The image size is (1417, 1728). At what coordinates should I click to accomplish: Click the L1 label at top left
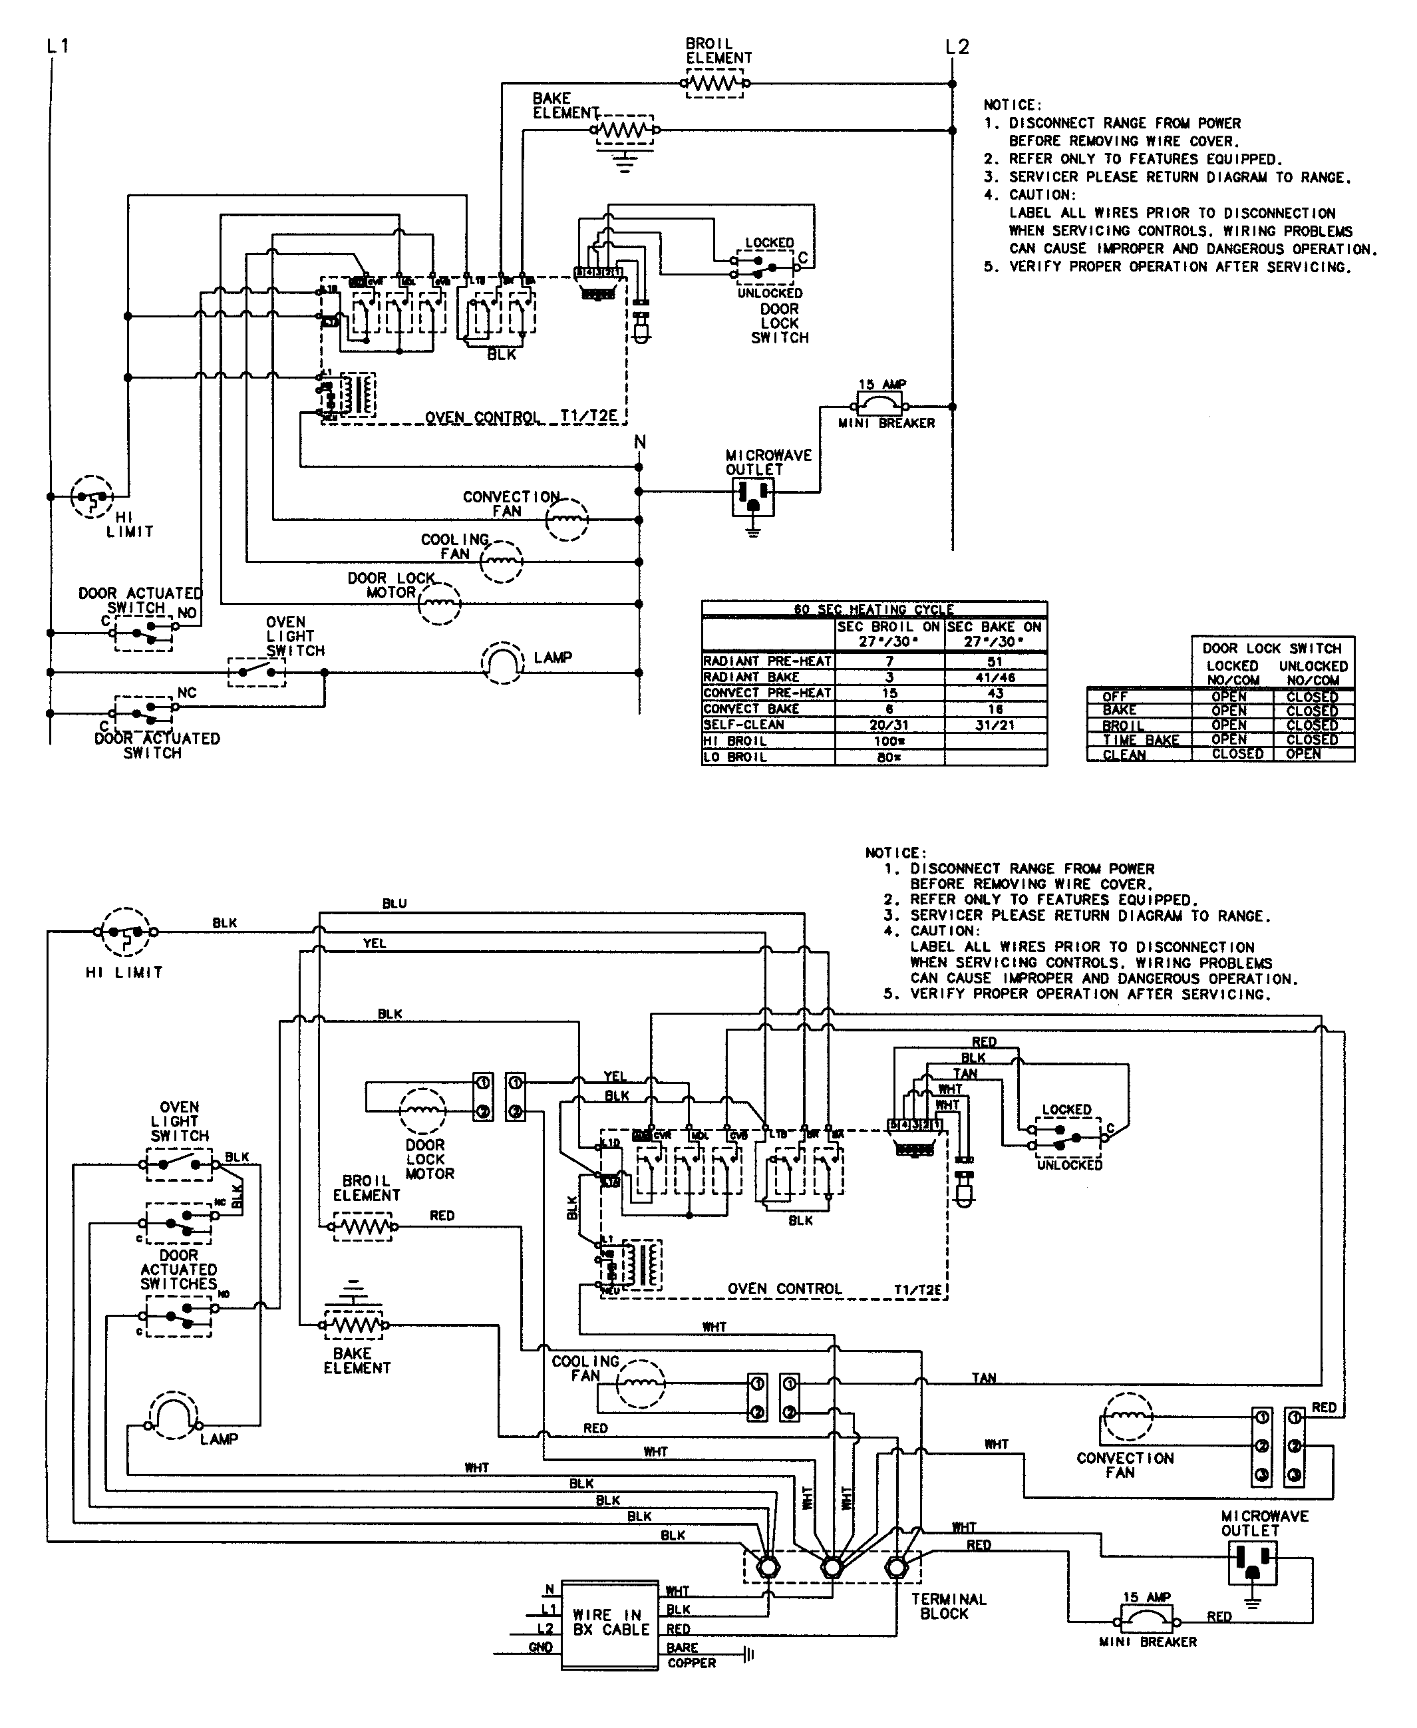58,47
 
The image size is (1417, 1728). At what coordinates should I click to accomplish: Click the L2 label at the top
957,47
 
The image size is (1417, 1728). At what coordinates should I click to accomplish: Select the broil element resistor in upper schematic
715,83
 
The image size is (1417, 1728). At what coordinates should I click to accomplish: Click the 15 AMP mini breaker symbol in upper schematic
879,403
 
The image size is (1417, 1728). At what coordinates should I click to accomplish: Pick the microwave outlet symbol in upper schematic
752,496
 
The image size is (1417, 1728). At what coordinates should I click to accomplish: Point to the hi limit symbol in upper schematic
90,496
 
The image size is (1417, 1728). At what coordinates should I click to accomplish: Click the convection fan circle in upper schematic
567,519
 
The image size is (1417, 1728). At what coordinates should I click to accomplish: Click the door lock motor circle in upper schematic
439,604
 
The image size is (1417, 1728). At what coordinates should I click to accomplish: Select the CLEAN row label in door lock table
1124,755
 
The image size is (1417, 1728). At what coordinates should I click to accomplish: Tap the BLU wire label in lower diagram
394,904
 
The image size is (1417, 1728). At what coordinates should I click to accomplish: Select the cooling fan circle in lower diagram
640,1385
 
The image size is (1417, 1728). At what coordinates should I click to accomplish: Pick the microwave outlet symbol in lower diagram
1251,1561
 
